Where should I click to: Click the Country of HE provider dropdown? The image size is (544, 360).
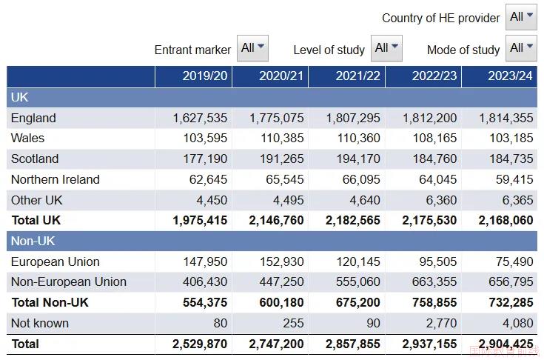(521, 16)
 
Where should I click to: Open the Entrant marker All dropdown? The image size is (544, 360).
(252, 48)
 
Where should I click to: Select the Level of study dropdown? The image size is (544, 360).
(386, 48)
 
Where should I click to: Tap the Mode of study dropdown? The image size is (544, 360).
(521, 48)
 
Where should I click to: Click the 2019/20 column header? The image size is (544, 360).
(205, 76)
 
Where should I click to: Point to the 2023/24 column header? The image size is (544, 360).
(511, 76)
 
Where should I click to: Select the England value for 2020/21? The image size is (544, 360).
(277, 118)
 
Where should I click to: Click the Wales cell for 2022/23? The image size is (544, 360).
(434, 139)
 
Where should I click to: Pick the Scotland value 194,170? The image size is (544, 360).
(358, 159)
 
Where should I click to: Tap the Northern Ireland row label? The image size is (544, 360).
(56, 179)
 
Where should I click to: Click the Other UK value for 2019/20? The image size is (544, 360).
(212, 200)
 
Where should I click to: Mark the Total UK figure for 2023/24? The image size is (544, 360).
(506, 221)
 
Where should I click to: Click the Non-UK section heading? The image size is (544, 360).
(33, 241)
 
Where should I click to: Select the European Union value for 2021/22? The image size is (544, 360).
(358, 261)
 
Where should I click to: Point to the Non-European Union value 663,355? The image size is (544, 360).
(434, 282)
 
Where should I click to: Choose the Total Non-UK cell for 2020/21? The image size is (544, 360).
(282, 302)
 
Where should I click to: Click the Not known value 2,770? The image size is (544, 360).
(441, 323)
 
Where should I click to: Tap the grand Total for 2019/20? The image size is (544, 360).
(200, 344)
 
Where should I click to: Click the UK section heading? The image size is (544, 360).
(19, 97)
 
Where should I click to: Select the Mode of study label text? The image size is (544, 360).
(463, 50)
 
